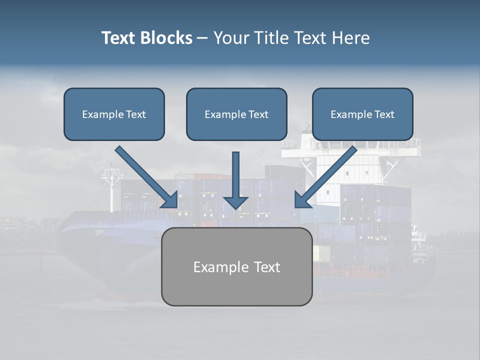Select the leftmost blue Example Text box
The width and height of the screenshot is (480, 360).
click(114, 114)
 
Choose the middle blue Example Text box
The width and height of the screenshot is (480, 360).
click(236, 114)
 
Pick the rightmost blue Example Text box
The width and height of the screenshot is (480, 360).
click(362, 114)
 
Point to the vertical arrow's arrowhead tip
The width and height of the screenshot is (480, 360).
click(235, 207)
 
